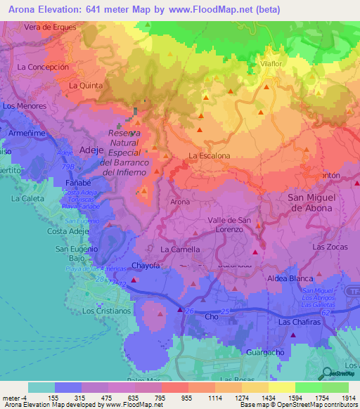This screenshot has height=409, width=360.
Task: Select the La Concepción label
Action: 43,67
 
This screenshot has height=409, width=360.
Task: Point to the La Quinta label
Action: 83,85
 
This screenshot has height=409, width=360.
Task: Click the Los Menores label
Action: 25,106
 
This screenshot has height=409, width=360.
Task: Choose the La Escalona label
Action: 209,156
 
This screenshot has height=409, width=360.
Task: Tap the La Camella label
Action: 180,249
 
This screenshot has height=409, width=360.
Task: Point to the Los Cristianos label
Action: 107,310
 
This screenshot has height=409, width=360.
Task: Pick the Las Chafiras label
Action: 300,322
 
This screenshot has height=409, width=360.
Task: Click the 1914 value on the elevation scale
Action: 349,398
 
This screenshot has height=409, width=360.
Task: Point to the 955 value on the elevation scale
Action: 186,398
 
